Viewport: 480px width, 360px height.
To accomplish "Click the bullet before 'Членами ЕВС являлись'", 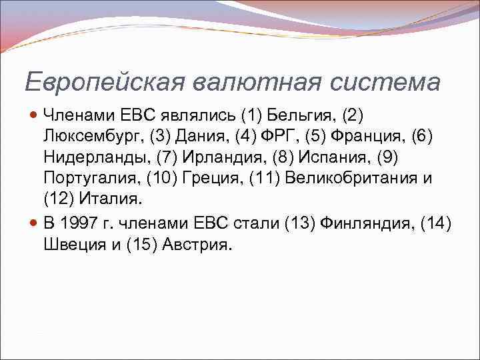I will (x=35, y=115).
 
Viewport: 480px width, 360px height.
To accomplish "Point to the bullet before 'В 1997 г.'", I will (x=35, y=223).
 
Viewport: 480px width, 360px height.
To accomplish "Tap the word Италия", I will (x=111, y=201).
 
